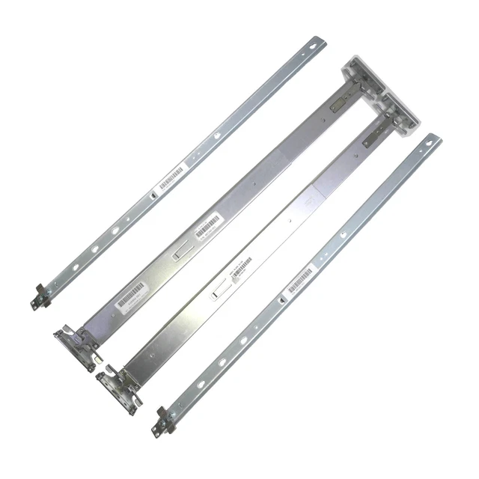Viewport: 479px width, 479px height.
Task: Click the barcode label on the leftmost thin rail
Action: click(x=171, y=178)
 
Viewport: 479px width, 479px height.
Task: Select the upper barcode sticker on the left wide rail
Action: click(x=209, y=226)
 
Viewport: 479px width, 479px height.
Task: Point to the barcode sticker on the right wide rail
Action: click(x=241, y=267)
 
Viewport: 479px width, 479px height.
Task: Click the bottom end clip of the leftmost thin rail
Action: click(x=38, y=297)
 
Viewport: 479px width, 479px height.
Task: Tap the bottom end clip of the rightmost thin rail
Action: click(x=161, y=421)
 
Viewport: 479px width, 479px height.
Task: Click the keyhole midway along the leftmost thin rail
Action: click(x=216, y=135)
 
